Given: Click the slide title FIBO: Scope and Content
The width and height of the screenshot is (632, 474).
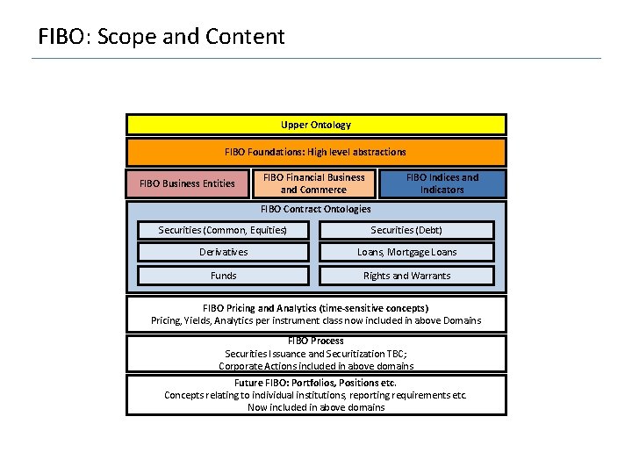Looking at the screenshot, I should click(x=162, y=37).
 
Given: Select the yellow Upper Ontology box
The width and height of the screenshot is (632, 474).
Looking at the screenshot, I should click(x=316, y=125).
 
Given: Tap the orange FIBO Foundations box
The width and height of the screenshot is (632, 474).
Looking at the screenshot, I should click(x=316, y=152).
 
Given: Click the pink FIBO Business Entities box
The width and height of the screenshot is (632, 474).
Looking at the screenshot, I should click(x=187, y=183).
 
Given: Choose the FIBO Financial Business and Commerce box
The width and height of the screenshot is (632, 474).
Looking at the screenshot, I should click(x=313, y=183).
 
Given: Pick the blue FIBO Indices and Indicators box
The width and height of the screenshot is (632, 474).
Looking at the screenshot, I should click(x=442, y=183).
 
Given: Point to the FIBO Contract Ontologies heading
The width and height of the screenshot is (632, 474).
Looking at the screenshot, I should click(x=316, y=209).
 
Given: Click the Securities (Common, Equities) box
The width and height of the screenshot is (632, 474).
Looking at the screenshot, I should click(x=223, y=230).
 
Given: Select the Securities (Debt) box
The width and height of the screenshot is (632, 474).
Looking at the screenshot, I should click(x=406, y=230).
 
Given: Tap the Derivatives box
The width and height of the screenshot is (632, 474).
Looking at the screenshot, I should click(x=223, y=252).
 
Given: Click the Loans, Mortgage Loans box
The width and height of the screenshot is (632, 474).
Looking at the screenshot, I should click(x=406, y=252).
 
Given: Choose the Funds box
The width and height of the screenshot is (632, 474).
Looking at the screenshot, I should click(x=223, y=276).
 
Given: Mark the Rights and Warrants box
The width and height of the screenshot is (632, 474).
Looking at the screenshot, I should click(x=406, y=276).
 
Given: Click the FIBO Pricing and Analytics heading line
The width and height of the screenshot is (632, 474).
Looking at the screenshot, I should click(x=316, y=308).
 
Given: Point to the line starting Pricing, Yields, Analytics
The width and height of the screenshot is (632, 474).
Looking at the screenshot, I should click(x=316, y=320).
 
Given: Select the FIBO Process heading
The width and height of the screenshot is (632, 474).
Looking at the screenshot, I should click(x=316, y=341).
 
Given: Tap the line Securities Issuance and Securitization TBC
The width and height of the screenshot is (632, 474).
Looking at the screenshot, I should click(x=316, y=353).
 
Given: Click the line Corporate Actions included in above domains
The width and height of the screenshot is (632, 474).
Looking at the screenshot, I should click(x=316, y=366).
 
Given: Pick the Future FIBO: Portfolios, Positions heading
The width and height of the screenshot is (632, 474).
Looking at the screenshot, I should click(x=316, y=383).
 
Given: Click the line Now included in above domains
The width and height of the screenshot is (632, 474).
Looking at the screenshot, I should click(x=316, y=407).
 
